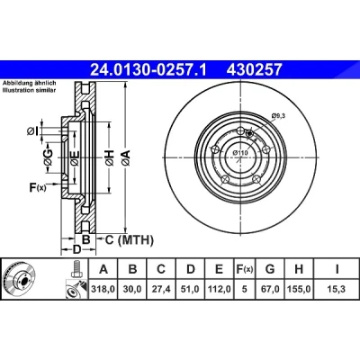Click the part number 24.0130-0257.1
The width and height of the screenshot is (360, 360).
pyautogui.click(x=148, y=69)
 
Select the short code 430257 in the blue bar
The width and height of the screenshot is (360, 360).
pyautogui.click(x=255, y=69)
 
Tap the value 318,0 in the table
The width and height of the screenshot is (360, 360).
pyautogui.click(x=103, y=289)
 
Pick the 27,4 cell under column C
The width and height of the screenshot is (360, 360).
pyautogui.click(x=161, y=289)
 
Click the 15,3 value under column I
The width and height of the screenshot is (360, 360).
pyautogui.click(x=337, y=289)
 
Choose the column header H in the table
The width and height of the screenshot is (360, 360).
pyautogui.click(x=299, y=269)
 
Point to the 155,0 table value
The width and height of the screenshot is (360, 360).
pyautogui.click(x=299, y=289)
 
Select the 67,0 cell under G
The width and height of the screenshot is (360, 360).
pyautogui.click(x=270, y=289)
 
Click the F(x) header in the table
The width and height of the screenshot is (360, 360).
pyautogui.click(x=245, y=269)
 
